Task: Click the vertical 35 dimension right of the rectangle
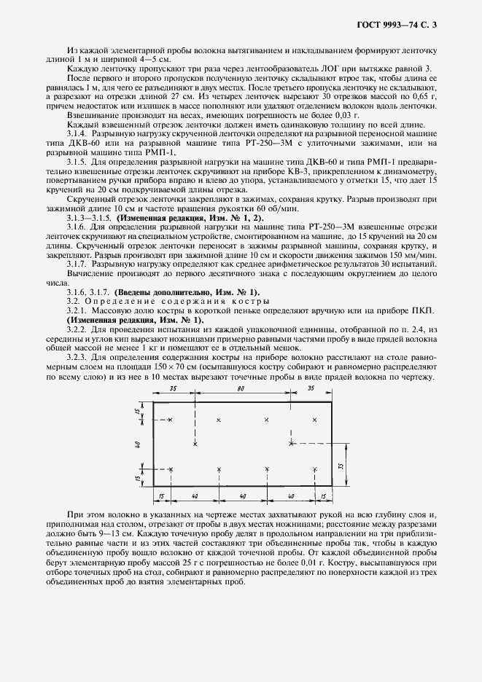coord(341,464)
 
